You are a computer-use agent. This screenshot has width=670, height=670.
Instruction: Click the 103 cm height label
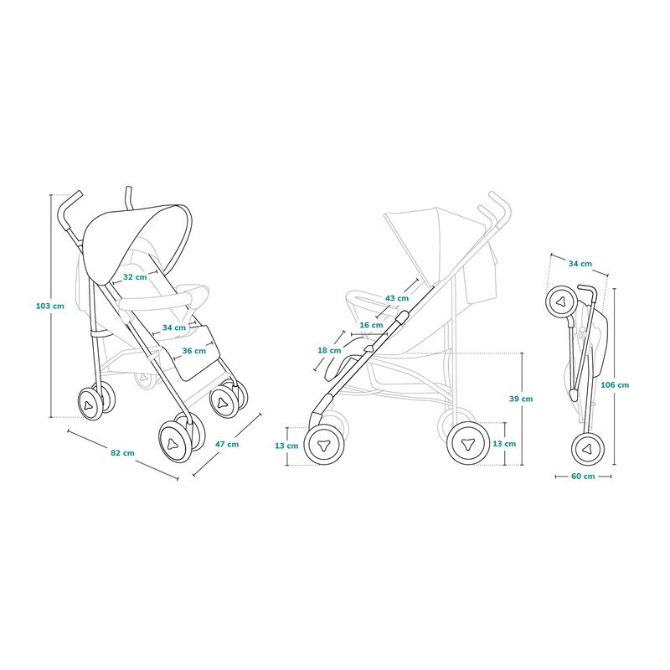point(50,306)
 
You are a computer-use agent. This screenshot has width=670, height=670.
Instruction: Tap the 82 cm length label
point(122,453)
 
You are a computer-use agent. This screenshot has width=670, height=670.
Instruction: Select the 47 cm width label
point(227,445)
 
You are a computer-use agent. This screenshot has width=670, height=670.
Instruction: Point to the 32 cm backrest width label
point(135,277)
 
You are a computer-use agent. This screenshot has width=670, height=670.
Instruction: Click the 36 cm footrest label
point(194,351)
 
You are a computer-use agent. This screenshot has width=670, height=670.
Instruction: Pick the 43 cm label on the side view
point(397,298)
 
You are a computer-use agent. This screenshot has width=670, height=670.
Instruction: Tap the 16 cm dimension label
point(371,325)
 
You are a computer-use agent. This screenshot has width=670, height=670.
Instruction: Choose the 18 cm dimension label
point(329,350)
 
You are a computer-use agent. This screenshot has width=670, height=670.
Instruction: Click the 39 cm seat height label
point(521,399)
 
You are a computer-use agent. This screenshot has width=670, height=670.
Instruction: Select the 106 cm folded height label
point(615,385)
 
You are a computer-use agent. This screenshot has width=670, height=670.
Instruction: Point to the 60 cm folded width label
point(583,476)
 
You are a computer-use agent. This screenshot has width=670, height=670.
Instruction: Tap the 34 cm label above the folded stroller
point(580,264)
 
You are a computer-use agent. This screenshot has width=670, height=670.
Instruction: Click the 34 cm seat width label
point(174,327)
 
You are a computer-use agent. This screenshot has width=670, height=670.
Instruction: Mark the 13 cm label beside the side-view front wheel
point(286,446)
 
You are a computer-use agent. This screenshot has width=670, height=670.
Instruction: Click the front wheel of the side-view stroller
point(325,445)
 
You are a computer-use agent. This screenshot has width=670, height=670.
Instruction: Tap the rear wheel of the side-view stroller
point(468,443)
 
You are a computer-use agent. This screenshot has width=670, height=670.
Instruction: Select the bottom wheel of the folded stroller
point(588,449)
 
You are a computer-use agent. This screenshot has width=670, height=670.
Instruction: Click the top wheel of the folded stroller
point(562,301)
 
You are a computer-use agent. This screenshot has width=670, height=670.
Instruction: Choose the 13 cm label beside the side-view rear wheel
point(504,444)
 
